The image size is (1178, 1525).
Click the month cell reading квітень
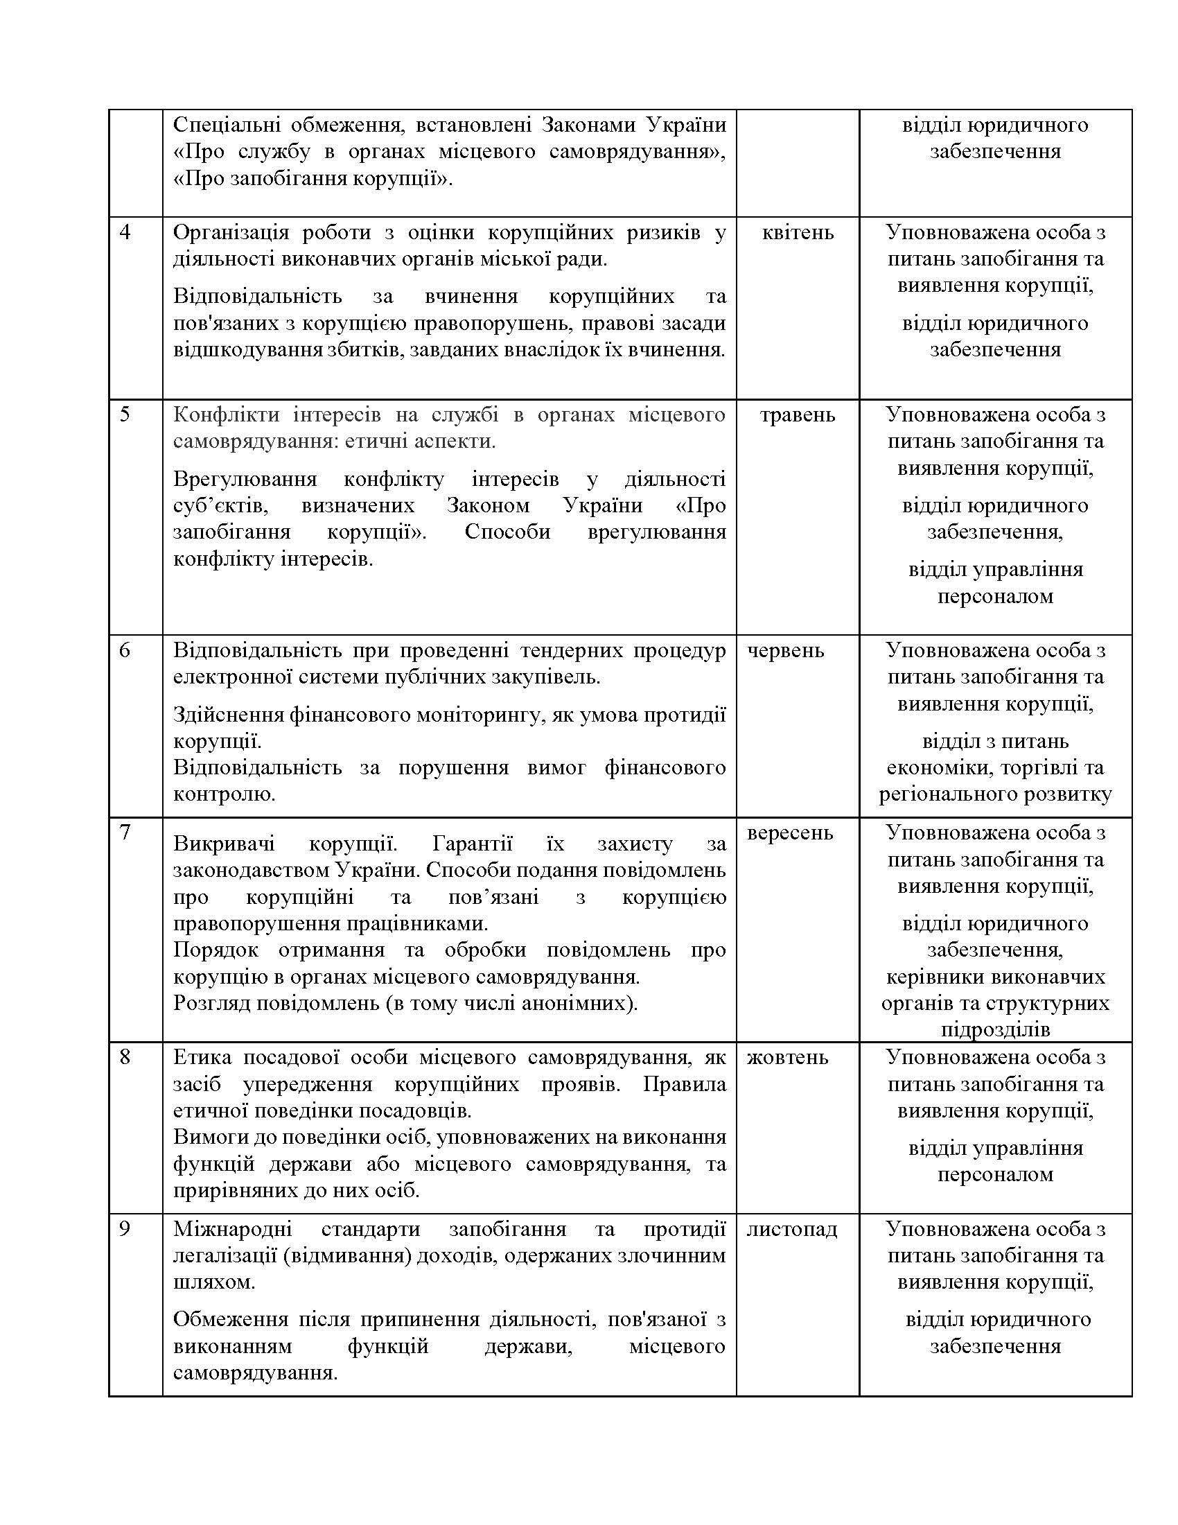pyautogui.click(x=798, y=232)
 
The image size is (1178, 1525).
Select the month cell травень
pyautogui.click(x=797, y=414)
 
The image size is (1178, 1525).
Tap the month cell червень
pyautogui.click(x=785, y=650)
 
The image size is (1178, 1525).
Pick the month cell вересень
pyautogui.click(x=789, y=833)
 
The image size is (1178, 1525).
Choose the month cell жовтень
pyautogui.click(x=787, y=1057)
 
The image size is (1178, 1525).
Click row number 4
pyautogui.click(x=125, y=232)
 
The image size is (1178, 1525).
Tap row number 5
pyautogui.click(x=125, y=414)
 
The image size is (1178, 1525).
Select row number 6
pyautogui.click(x=125, y=650)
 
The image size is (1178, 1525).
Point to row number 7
pyautogui.click(x=125, y=833)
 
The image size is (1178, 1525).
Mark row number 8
pyautogui.click(x=125, y=1057)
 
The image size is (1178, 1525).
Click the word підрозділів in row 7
pyautogui.click(x=995, y=1029)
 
